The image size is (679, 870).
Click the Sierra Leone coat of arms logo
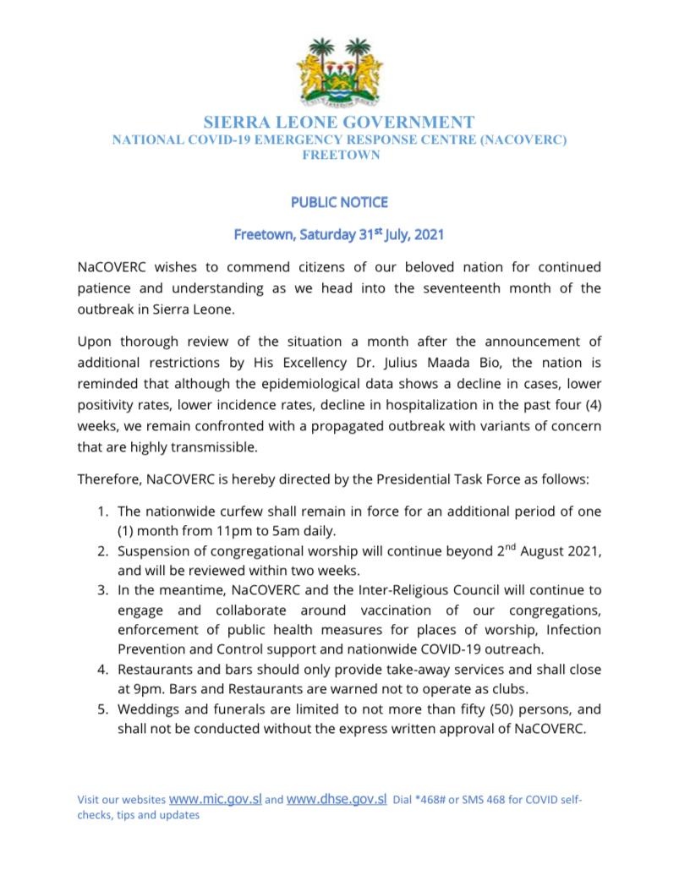coord(339,74)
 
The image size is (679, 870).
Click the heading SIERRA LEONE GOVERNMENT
coord(339,123)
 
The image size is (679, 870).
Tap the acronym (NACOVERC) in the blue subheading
coord(523,140)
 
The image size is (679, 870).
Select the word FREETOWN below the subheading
coord(339,155)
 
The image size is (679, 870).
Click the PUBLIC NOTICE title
coord(339,203)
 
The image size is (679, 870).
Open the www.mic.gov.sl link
coord(216,799)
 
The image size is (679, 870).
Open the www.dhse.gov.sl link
coord(337,799)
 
